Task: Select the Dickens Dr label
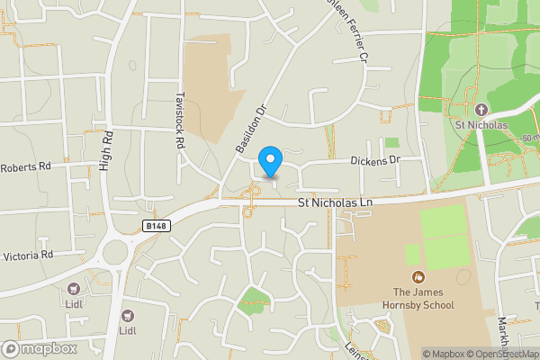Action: point(374,159)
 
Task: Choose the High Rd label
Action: point(106,150)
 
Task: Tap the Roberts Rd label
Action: point(26,166)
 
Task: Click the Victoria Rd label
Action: point(28,255)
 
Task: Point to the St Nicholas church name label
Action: point(481,125)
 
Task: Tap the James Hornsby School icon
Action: point(417,276)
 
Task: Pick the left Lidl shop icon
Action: point(73,289)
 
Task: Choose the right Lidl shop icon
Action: point(127,315)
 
